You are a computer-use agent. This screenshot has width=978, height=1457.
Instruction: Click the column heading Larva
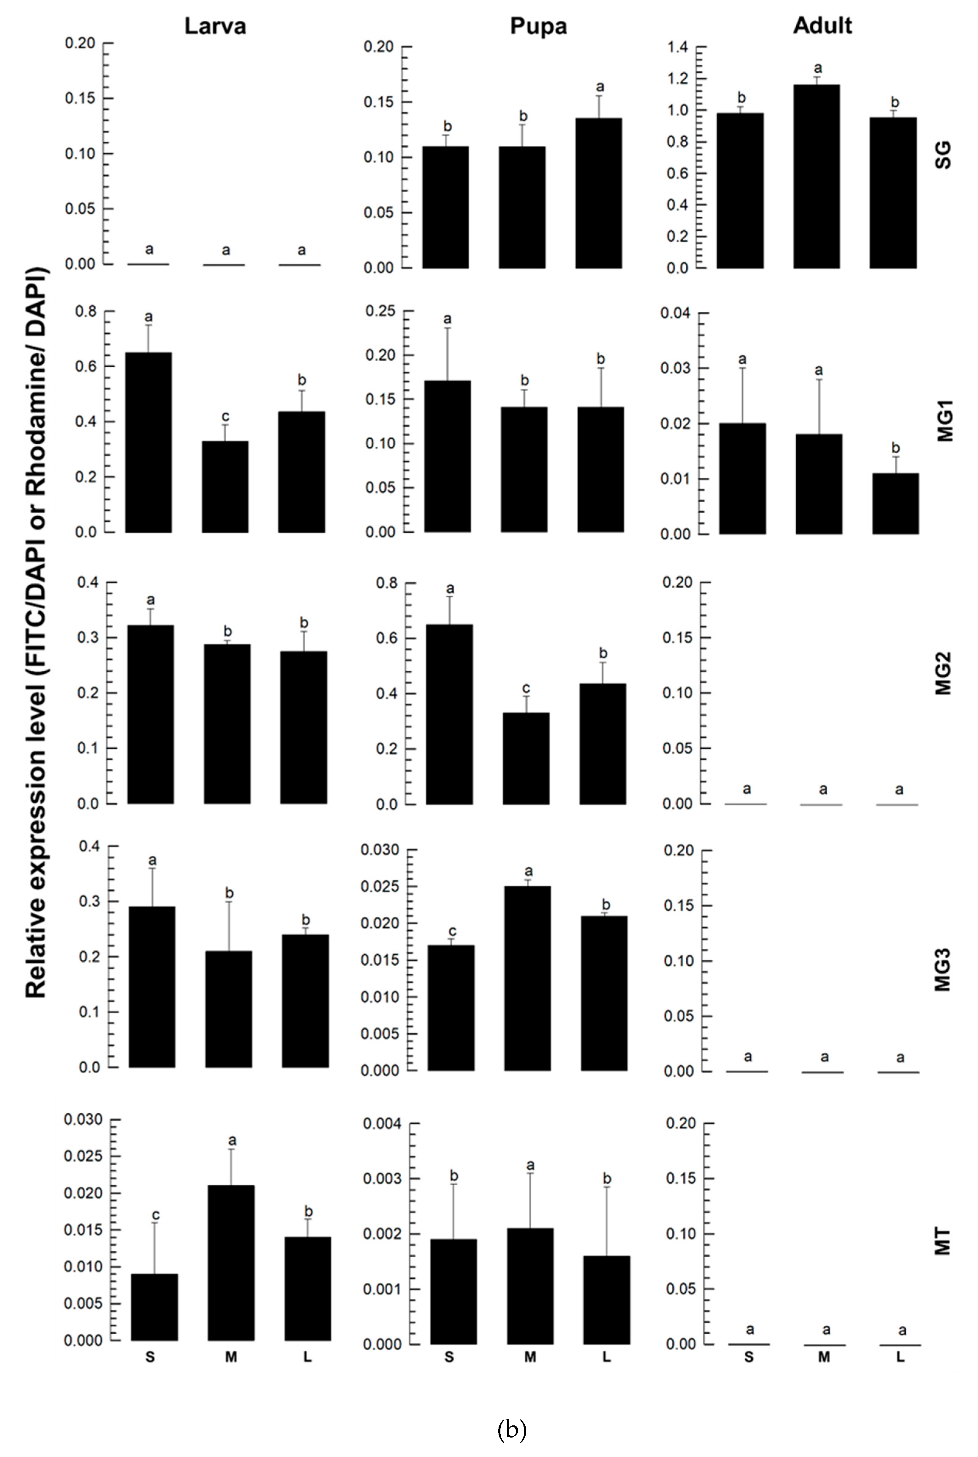[215, 26]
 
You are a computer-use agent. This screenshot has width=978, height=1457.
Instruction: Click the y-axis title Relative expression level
[36, 633]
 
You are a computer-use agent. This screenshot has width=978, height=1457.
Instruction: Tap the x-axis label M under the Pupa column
[530, 1357]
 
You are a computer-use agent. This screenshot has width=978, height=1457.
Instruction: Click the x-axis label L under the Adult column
[900, 1357]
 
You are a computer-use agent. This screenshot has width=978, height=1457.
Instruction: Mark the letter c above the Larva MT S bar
[155, 1215]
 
